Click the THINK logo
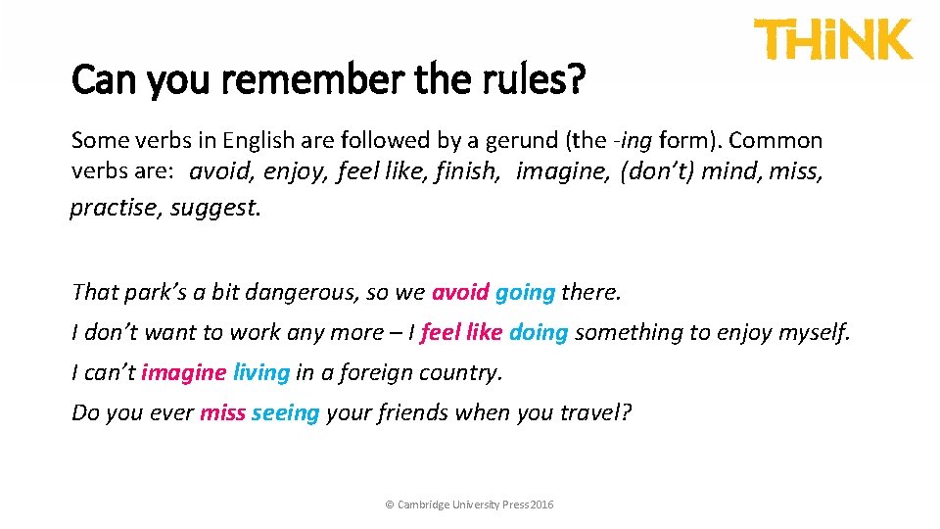[832, 40]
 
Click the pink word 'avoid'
[460, 292]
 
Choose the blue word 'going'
[525, 292]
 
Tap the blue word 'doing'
[539, 333]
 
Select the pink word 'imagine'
[183, 373]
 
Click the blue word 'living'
[261, 373]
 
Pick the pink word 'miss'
[222, 413]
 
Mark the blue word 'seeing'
[285, 413]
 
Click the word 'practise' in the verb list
[116, 209]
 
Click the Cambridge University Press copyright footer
[469, 505]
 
